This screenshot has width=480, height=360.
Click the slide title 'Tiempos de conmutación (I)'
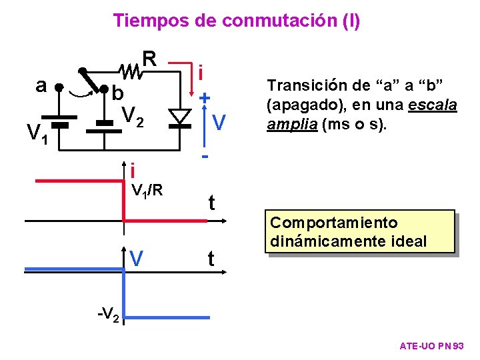(237, 21)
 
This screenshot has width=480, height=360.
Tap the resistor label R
(150, 59)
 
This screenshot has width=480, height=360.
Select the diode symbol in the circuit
(179, 117)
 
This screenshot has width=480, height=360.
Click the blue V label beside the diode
(219, 122)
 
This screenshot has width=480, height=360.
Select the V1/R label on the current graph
(147, 191)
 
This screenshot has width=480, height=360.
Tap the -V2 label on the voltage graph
(107, 314)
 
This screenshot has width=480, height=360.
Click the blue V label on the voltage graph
(137, 257)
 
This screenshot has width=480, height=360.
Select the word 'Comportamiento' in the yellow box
(334, 223)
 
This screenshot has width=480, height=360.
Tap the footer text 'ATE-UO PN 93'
(435, 346)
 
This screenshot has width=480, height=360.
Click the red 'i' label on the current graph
(133, 169)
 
